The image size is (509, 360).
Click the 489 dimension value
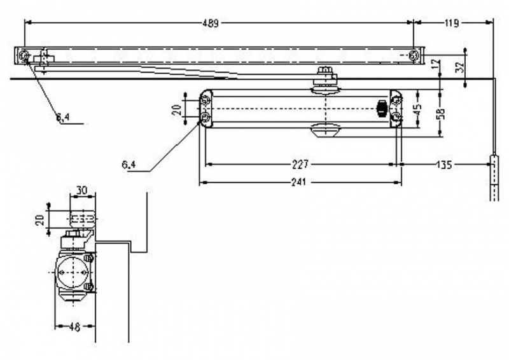pyautogui.click(x=211, y=24)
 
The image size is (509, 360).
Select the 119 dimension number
pyautogui.click(x=452, y=24)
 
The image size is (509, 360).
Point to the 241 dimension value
pyautogui.click(x=298, y=183)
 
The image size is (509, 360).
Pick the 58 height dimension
pyautogui.click(x=441, y=113)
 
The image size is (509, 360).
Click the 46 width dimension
pyautogui.click(x=74, y=326)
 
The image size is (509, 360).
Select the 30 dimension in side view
pyautogui.click(x=82, y=190)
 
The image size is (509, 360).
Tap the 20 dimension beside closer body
pyautogui.click(x=177, y=109)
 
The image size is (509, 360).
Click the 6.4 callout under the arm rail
pyautogui.click(x=63, y=117)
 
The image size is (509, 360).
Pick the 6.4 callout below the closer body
pyautogui.click(x=129, y=165)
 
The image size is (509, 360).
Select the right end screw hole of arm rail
pyautogui.click(x=414, y=56)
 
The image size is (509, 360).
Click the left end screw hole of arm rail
pyautogui.click(x=24, y=57)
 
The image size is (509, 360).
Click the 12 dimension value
pyautogui.click(x=435, y=64)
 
